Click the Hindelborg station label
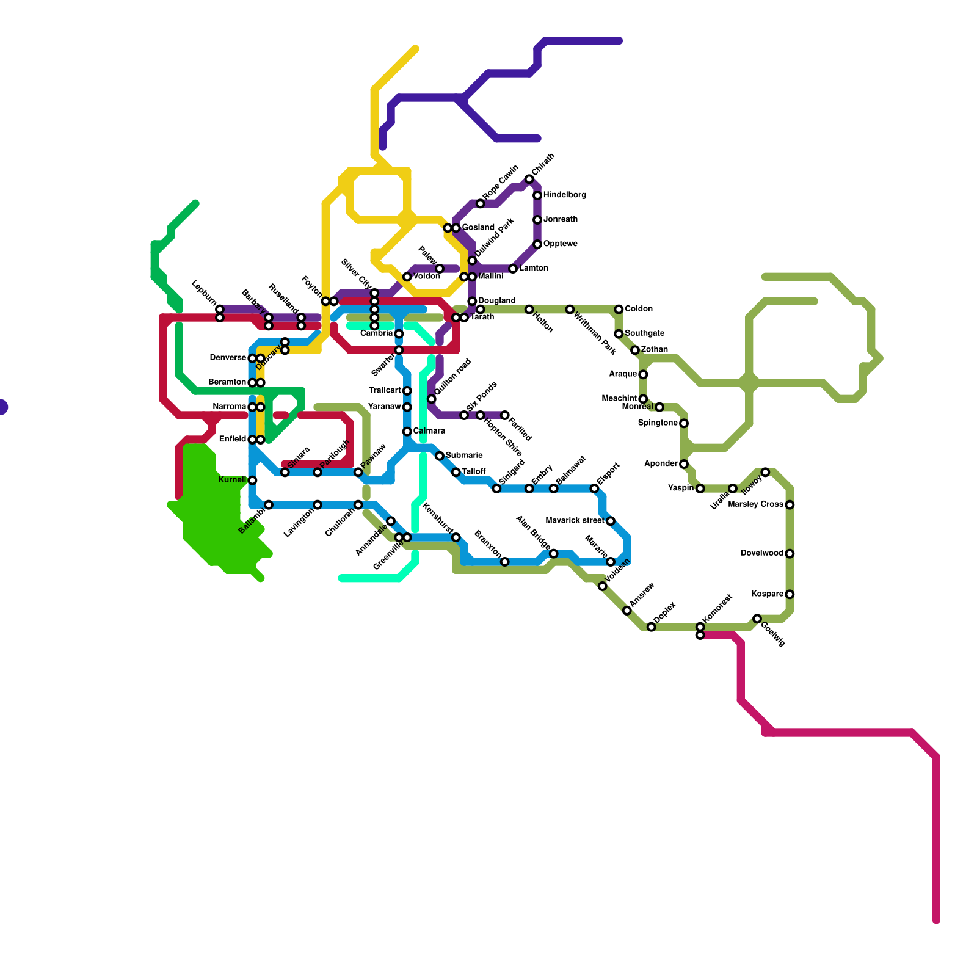pos(564,195)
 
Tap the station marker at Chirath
pos(529,179)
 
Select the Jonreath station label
pos(560,220)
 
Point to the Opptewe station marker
pos(537,244)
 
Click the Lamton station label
pos(534,269)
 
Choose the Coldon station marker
pos(619,310)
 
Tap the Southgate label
pos(644,333)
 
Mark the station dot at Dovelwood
pos(790,554)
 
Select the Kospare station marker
pos(790,594)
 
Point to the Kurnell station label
pos(232,480)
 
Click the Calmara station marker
pos(407,432)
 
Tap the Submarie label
pos(464,456)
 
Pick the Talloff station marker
pos(456,472)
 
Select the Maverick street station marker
pos(611,521)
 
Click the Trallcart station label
pos(385,391)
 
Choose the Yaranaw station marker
pos(407,407)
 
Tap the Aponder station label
pos(661,464)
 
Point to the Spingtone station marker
pos(684,423)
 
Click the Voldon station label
pos(426,277)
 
